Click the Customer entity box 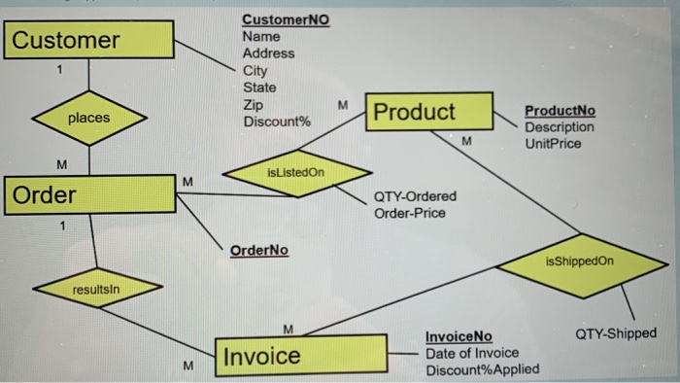pos(90,41)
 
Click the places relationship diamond pos(89,119)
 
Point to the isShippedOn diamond pos(580,261)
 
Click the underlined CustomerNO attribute pos(286,19)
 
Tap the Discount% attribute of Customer pos(277,122)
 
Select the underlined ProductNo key pos(560,111)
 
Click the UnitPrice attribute pos(553,144)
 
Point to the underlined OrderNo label pos(259,250)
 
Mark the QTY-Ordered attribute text pos(415,195)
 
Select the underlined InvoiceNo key pos(459,336)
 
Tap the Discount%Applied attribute pos(483,369)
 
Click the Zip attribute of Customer pos(253,105)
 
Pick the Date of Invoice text pos(473,353)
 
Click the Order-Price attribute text pos(410,212)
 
